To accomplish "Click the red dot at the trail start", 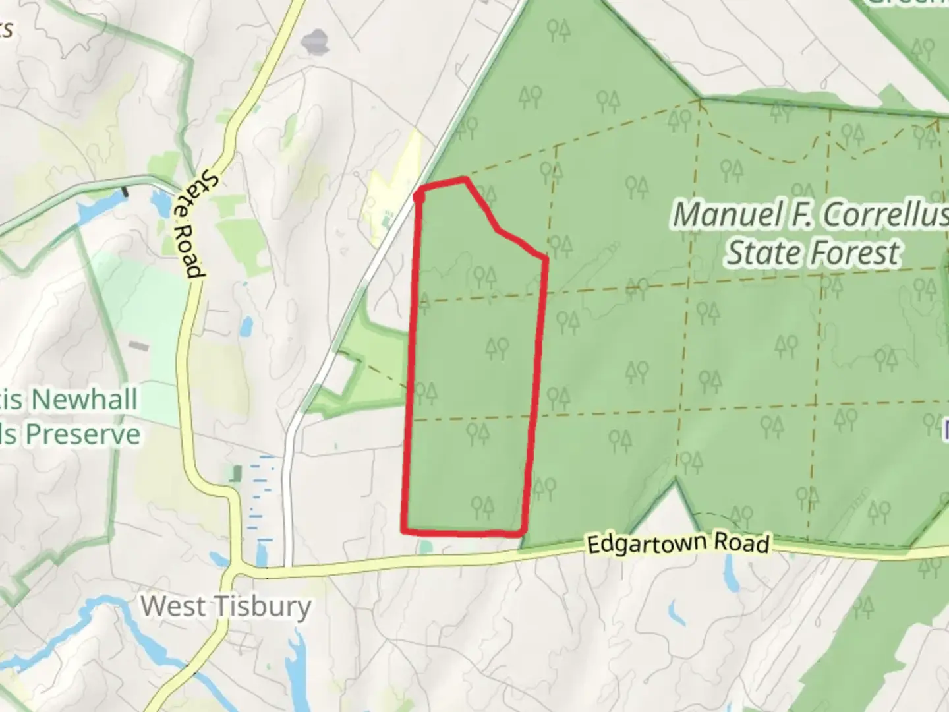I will [419, 195].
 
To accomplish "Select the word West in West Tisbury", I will [173, 605].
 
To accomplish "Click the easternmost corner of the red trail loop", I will [546, 258].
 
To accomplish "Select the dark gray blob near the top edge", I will [315, 42].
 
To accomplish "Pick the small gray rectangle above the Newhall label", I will [138, 345].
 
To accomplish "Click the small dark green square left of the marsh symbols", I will [236, 473].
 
